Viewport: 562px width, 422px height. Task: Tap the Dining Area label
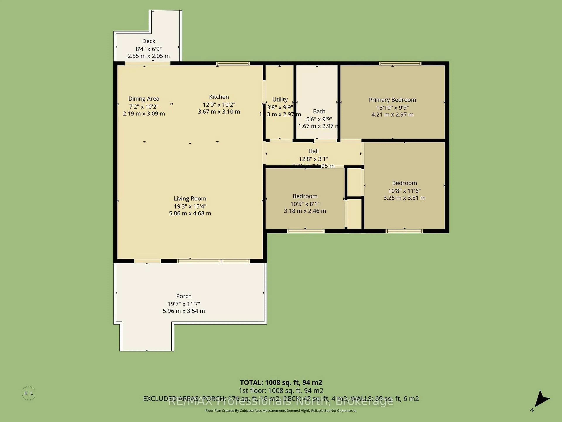tap(144, 99)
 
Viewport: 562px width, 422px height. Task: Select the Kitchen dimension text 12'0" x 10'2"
tap(219, 104)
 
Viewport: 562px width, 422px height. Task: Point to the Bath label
tap(319, 111)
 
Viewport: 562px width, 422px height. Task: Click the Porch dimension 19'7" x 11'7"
tap(184, 304)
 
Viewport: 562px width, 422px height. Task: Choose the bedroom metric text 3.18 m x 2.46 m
tap(305, 211)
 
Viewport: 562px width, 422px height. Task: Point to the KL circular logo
tap(29, 393)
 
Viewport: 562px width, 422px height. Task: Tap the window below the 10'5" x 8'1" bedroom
tap(306, 231)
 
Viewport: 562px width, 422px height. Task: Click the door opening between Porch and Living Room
tap(147, 261)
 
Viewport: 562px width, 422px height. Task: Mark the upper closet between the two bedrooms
tap(354, 182)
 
